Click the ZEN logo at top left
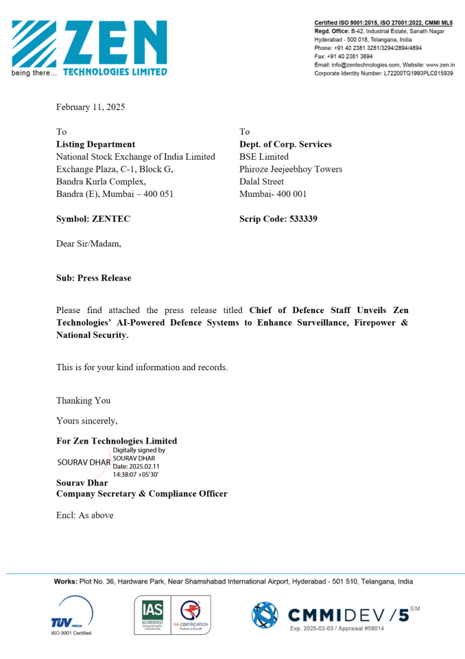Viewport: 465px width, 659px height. [x=89, y=47]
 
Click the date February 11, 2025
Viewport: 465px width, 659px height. [x=91, y=107]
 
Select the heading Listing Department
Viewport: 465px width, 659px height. [x=95, y=144]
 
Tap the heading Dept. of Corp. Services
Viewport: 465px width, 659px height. [x=285, y=144]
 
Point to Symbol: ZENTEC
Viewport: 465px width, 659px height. [x=93, y=219]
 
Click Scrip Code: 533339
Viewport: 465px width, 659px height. [x=278, y=219]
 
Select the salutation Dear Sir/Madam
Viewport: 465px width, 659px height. [x=88, y=243]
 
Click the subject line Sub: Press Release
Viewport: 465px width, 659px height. [x=93, y=278]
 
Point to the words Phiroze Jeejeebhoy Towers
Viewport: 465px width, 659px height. [x=291, y=169]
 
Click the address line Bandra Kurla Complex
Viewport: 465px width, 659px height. [x=101, y=181]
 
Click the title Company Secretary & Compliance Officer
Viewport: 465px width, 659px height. [x=141, y=494]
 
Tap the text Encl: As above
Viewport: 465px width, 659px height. [x=84, y=515]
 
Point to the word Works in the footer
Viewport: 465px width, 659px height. [x=66, y=581]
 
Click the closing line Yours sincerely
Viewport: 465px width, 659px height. [x=86, y=421]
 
